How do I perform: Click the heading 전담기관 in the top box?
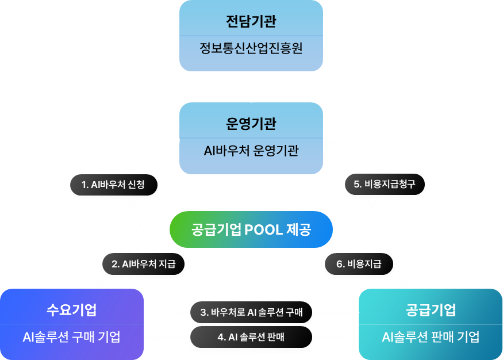[251, 22]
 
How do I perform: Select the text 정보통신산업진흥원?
[251, 48]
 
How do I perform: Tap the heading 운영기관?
[251, 124]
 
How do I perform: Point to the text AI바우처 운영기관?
[251, 151]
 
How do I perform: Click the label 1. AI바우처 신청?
[113, 185]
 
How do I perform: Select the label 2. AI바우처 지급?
[144, 265]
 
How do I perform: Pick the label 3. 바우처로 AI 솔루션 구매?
[251, 313]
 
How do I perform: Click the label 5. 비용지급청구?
[384, 185]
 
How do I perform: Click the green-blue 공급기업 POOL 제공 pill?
[251, 230]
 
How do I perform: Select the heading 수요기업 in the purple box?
[71, 311]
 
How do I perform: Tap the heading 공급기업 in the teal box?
[431, 311]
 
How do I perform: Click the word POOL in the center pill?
[263, 230]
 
